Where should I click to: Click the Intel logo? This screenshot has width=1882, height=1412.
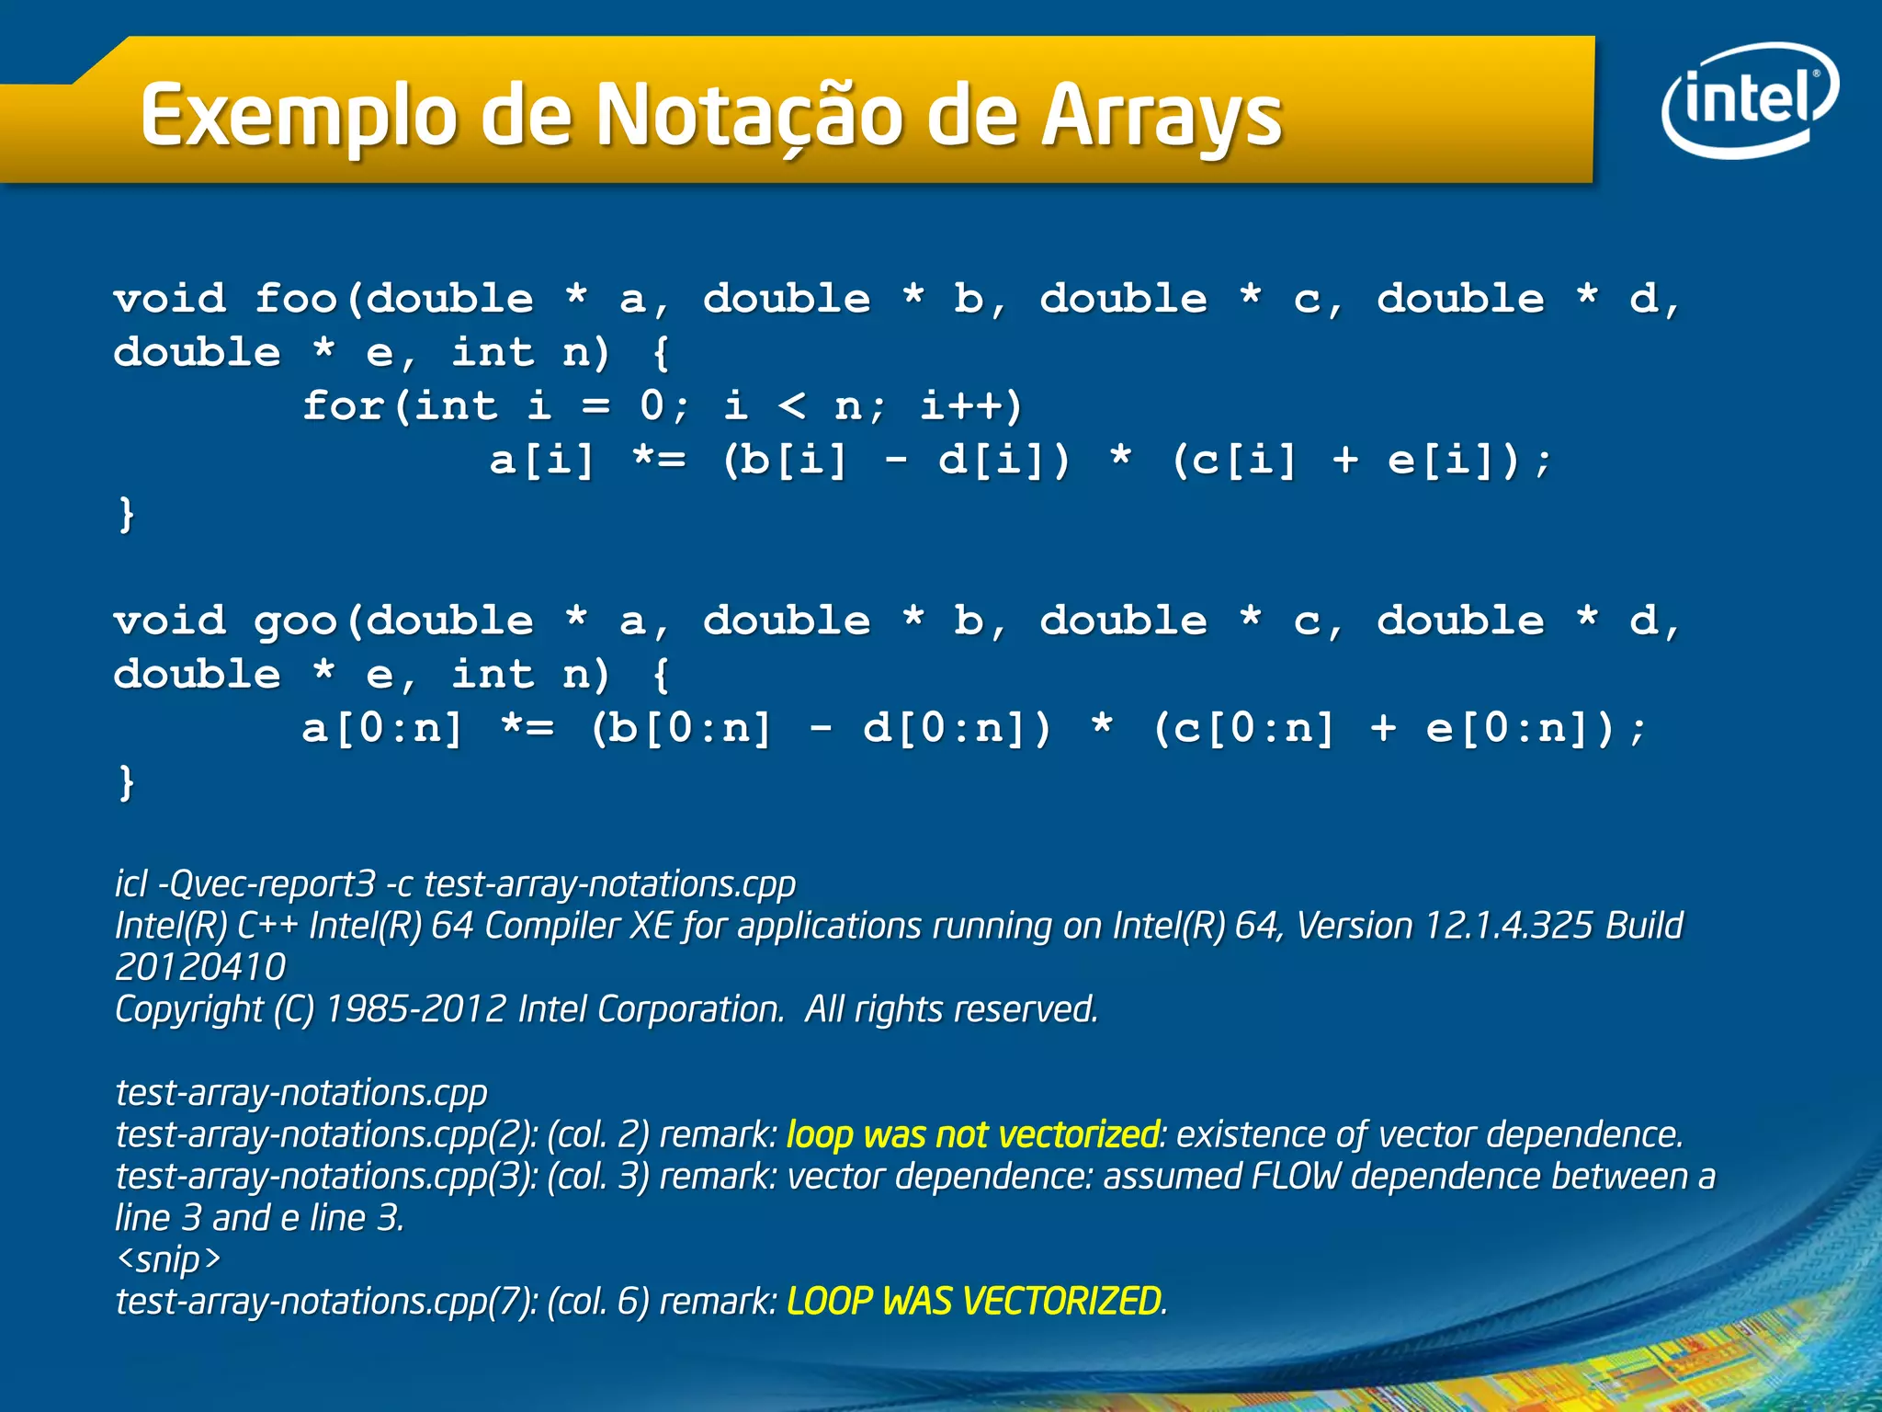1749,99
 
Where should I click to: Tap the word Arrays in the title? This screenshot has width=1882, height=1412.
1162,118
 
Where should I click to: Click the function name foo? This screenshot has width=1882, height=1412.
296,299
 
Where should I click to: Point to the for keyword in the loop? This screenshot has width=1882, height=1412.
344,405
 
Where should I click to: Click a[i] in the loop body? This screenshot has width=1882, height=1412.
542,460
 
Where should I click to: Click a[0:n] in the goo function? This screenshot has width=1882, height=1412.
382,729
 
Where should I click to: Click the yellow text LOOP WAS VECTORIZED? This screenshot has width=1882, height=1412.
974,1302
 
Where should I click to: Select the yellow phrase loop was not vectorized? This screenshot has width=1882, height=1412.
972,1134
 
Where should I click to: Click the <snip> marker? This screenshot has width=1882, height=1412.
169,1259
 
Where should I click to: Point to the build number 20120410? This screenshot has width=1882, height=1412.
200,967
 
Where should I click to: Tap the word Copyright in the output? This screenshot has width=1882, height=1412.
189,1009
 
